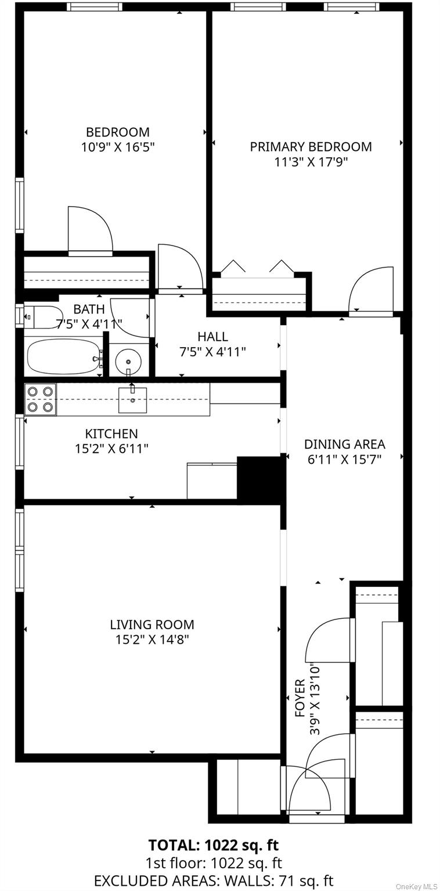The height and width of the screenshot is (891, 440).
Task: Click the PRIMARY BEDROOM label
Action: (311, 147)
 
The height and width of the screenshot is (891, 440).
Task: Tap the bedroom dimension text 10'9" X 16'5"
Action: (118, 147)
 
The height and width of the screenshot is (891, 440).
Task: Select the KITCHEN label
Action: (111, 434)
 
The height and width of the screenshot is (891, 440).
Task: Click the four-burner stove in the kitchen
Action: (40, 399)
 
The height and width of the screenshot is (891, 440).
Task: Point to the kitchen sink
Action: (132, 400)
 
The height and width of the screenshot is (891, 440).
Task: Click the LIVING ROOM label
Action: (152, 625)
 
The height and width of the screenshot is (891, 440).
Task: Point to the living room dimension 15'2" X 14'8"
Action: (152, 640)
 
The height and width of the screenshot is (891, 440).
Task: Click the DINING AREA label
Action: (344, 445)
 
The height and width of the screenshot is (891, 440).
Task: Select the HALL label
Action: (212, 337)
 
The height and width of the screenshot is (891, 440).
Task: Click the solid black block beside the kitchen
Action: (259, 477)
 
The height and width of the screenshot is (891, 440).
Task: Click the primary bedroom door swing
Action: (372, 290)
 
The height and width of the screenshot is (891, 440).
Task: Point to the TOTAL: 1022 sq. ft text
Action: (214, 845)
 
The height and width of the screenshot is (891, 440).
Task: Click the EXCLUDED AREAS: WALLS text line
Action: (214, 881)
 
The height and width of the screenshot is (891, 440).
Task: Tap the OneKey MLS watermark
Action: (416, 886)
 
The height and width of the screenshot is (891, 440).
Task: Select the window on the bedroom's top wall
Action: (94, 7)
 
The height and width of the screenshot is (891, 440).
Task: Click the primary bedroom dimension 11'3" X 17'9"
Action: (311, 162)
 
